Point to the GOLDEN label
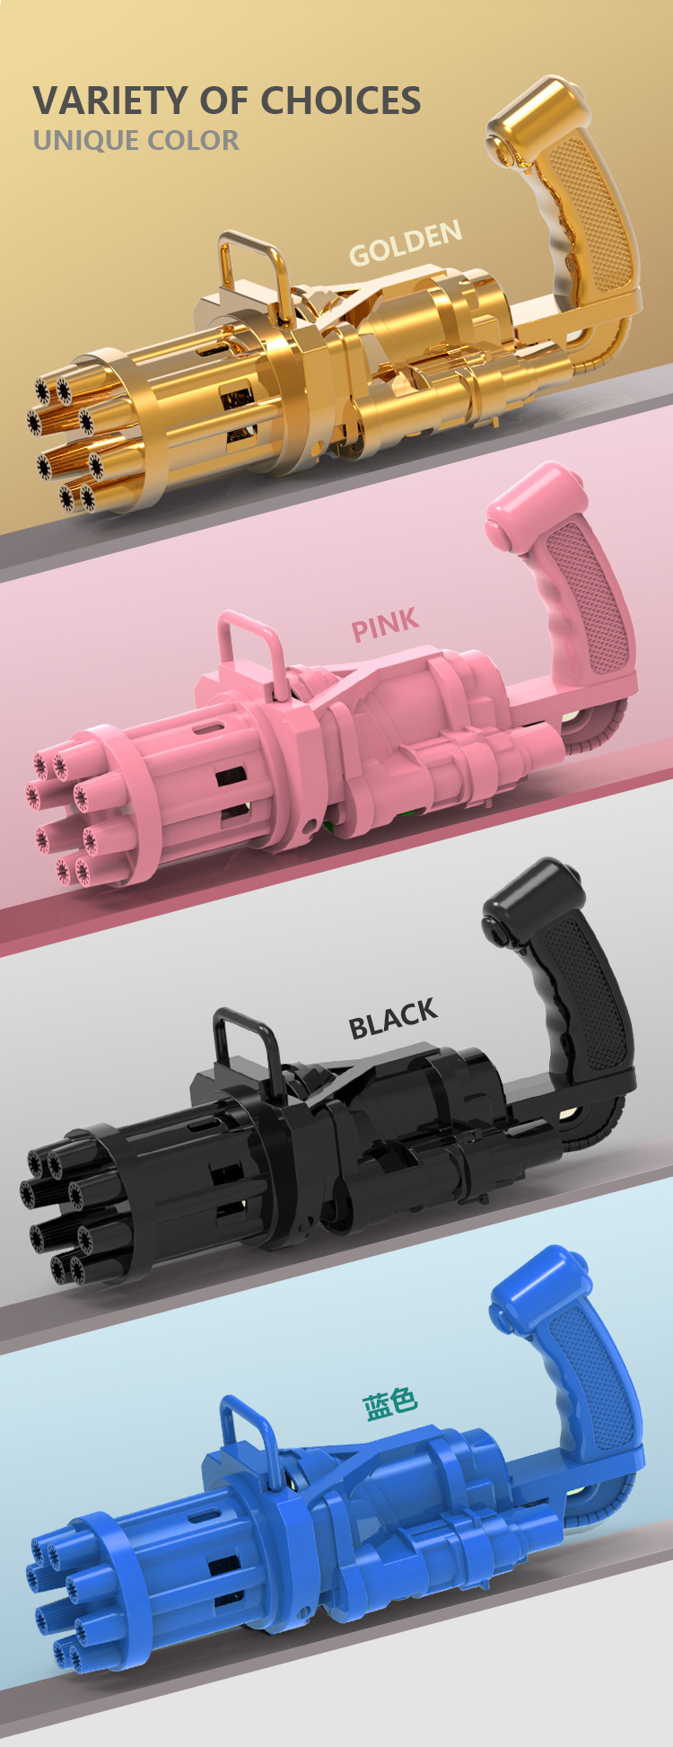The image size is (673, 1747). [x=406, y=243]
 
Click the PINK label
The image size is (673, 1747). [x=385, y=625]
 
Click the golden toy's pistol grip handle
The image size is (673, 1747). [x=574, y=206]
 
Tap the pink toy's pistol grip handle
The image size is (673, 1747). [x=574, y=584]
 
